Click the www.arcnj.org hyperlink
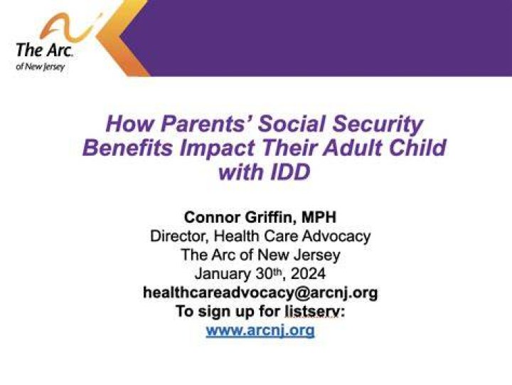(x=260, y=331)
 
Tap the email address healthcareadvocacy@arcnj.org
(x=260, y=292)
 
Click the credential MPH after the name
(x=319, y=217)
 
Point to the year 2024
(x=308, y=273)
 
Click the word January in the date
(x=223, y=274)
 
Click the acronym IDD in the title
(x=290, y=172)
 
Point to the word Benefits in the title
(x=128, y=148)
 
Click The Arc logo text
(x=44, y=50)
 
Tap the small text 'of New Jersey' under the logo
(x=40, y=67)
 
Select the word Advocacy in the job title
(x=336, y=236)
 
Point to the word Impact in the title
(x=217, y=149)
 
